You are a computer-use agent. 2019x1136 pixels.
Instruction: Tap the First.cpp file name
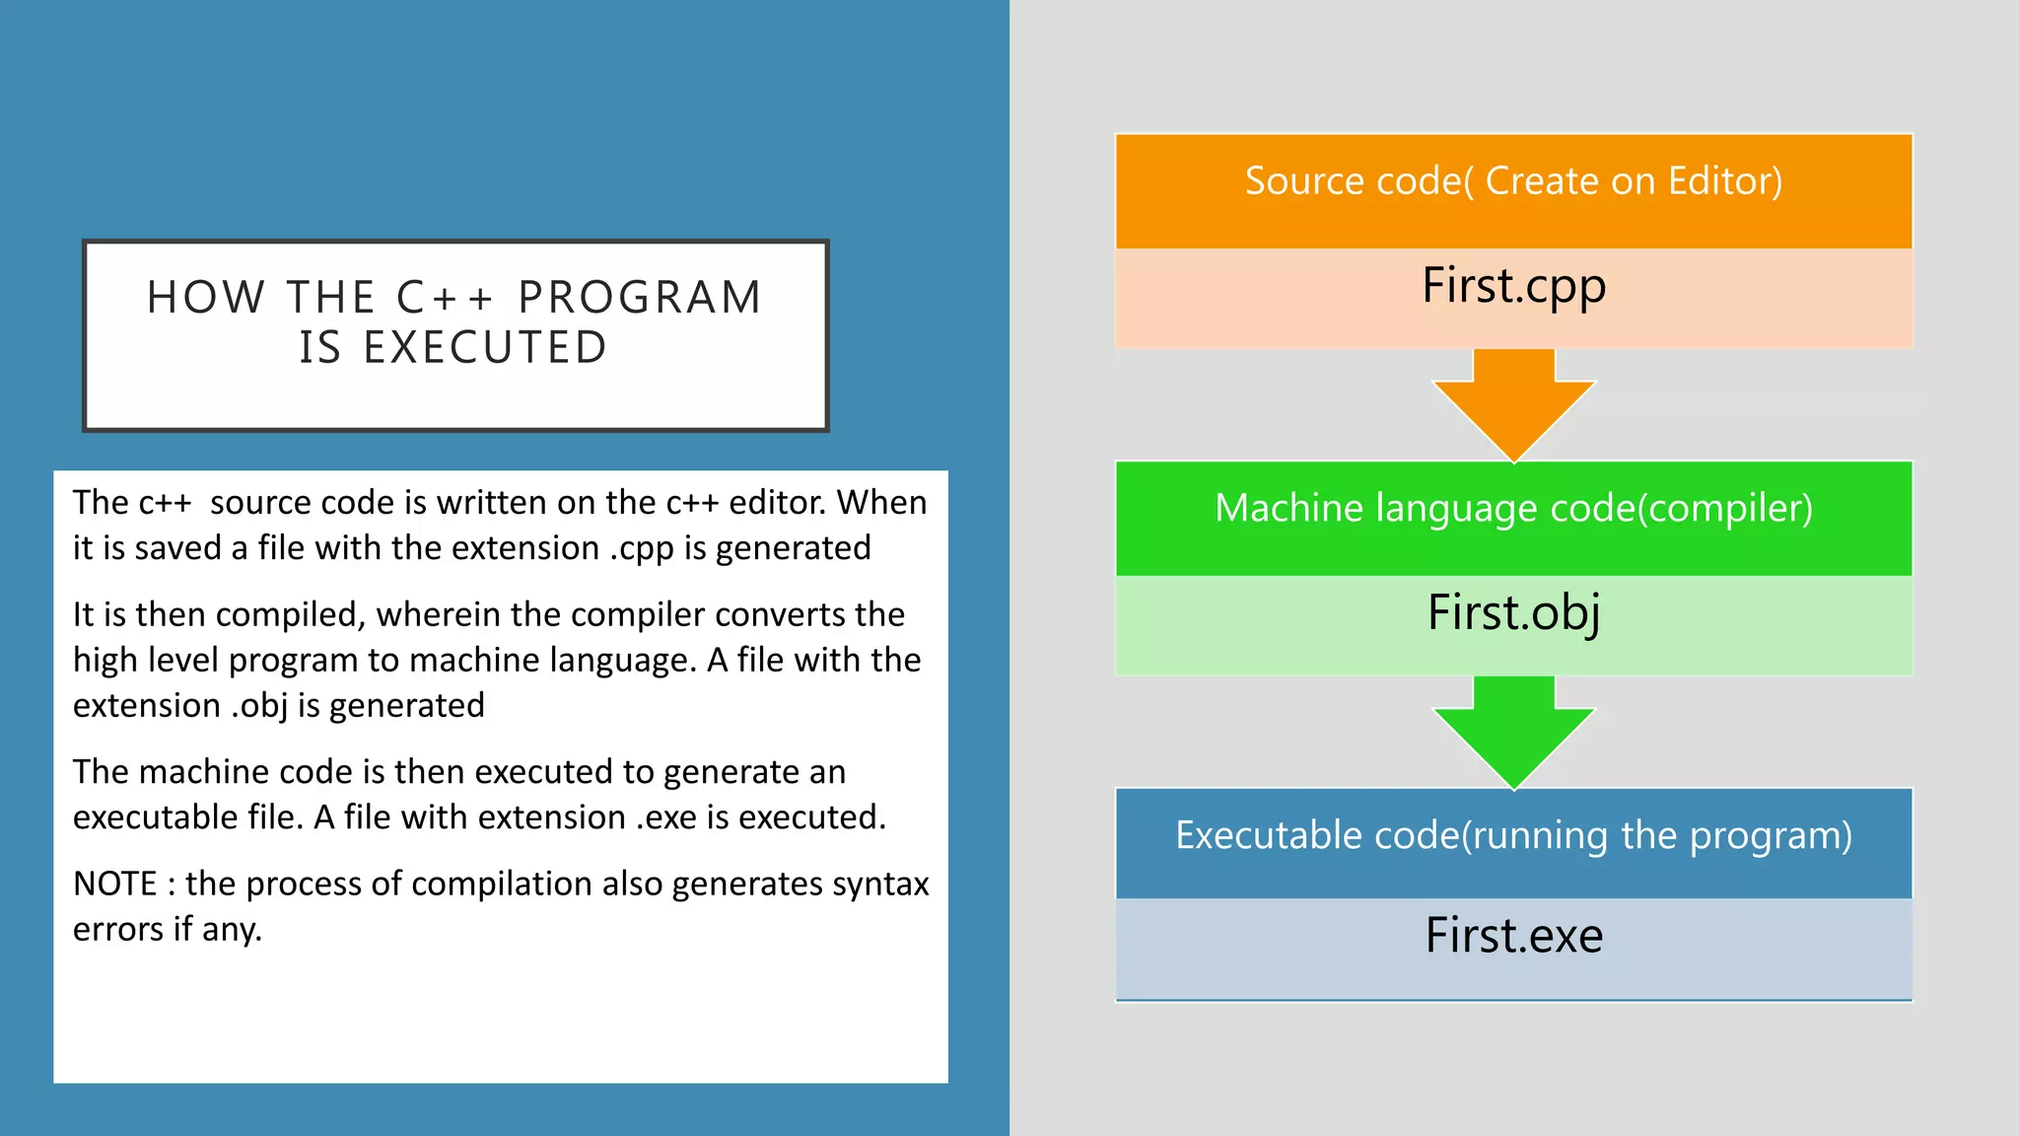point(1513,287)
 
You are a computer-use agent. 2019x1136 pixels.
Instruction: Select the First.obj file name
point(1513,613)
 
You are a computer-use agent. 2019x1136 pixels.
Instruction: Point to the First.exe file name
point(1513,936)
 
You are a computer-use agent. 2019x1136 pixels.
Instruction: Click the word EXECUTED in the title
point(485,348)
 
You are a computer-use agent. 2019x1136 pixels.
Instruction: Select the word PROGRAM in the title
point(640,298)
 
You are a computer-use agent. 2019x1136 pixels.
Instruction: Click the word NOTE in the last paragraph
point(114,884)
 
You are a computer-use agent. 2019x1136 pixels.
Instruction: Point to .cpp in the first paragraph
point(642,548)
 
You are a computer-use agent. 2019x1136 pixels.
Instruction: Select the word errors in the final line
point(118,929)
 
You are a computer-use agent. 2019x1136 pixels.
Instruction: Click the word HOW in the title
point(206,298)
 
